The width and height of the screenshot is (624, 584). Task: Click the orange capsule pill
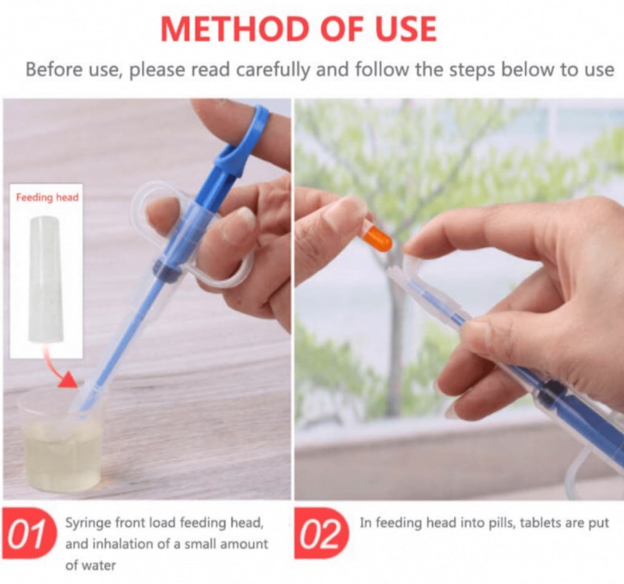click(377, 239)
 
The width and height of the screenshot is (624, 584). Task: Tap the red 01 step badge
click(28, 533)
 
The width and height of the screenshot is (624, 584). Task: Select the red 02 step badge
click(321, 533)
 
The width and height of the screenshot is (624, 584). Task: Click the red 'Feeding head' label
click(47, 197)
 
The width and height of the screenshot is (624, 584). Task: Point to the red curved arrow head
click(69, 379)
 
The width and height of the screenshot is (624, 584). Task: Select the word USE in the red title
click(406, 29)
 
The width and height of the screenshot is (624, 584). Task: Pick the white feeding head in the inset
click(46, 278)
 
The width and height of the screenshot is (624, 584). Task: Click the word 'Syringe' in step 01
click(87, 523)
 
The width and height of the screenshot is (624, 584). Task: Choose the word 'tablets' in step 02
click(539, 522)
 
